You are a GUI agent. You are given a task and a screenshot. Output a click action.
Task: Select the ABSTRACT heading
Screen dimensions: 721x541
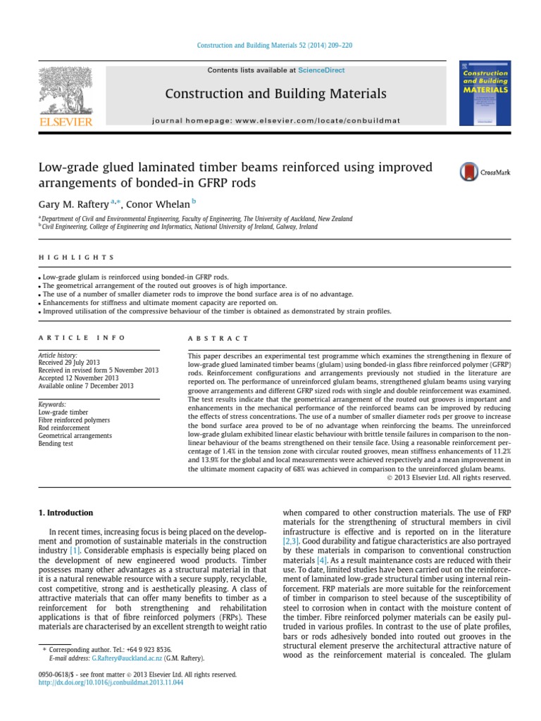[218, 338]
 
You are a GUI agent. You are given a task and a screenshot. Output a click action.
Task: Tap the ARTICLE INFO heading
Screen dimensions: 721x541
[82, 338]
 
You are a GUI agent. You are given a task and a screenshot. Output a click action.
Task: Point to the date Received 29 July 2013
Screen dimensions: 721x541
[70, 363]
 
